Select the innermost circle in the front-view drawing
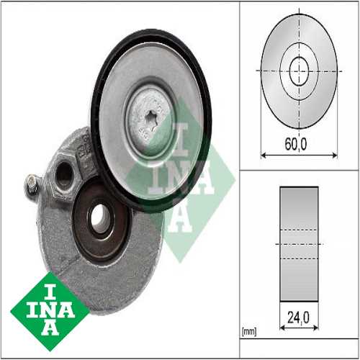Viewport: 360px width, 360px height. pyautogui.click(x=299, y=70)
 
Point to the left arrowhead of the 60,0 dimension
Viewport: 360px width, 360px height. pyautogui.click(x=262, y=154)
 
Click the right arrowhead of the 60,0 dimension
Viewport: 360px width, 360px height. pyautogui.click(x=336, y=154)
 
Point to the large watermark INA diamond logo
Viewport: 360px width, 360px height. pyautogui.click(x=180, y=180)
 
